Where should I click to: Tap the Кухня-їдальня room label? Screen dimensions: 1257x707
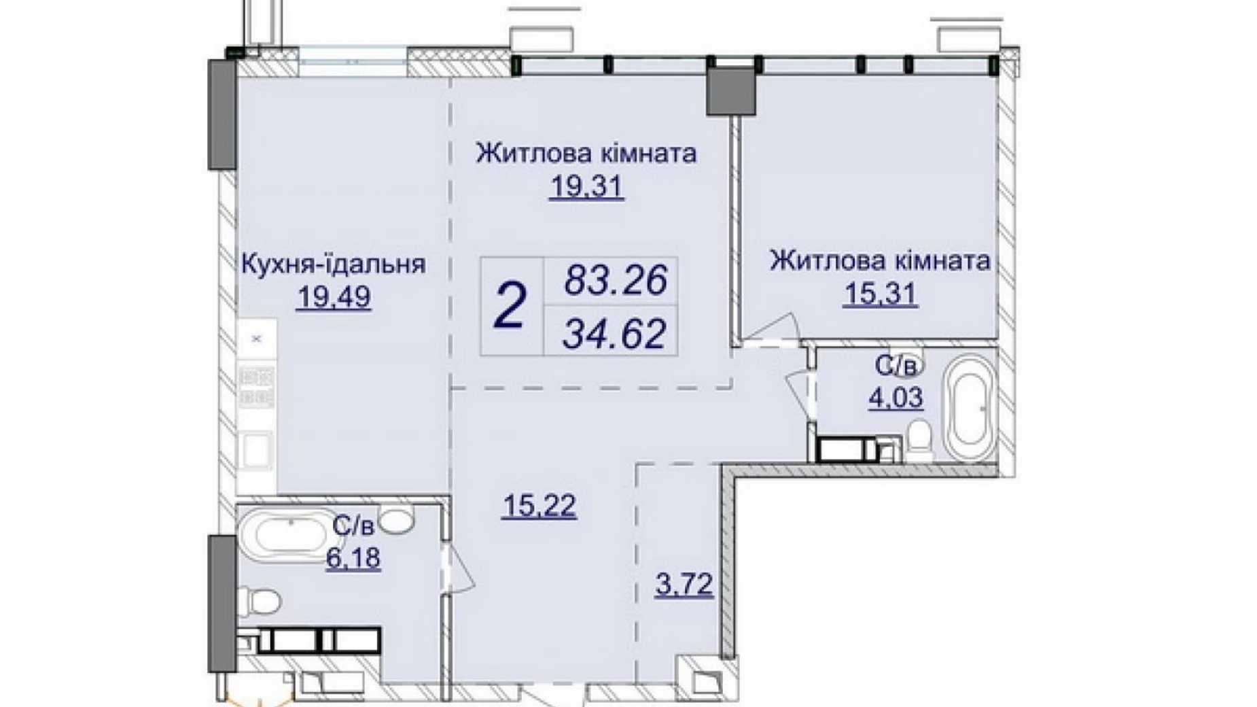(x=334, y=264)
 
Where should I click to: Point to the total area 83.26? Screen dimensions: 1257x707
(x=616, y=280)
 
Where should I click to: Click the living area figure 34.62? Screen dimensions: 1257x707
(x=615, y=333)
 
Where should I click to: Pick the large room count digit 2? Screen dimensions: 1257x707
(x=511, y=307)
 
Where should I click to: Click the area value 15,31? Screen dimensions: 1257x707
(x=880, y=294)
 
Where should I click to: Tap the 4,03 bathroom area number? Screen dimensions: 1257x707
(x=896, y=397)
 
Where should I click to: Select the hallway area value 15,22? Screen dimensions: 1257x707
(x=539, y=506)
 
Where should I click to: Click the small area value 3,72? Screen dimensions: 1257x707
(x=684, y=584)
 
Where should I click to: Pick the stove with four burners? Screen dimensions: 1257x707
(x=256, y=386)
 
